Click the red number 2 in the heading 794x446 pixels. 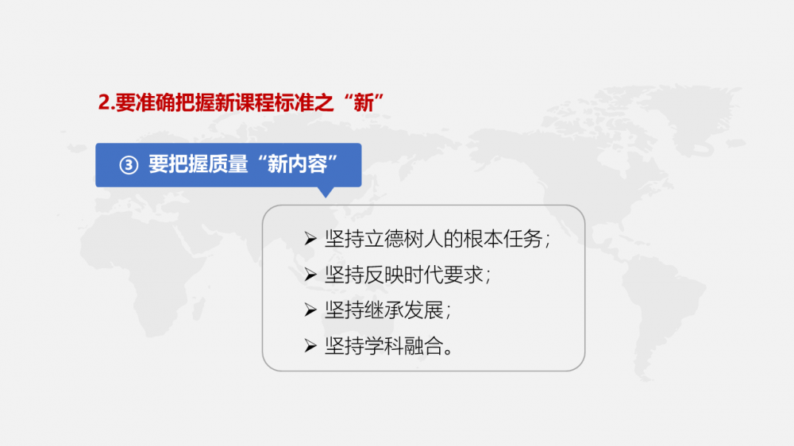[x=104, y=102]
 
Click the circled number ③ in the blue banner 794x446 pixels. [x=129, y=165]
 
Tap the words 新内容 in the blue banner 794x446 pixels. [x=297, y=164]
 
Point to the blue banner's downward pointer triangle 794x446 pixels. [x=326, y=192]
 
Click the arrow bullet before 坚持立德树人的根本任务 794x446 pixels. [x=310, y=238]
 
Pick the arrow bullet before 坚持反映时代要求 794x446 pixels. [x=310, y=275]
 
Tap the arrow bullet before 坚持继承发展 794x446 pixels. [x=310, y=310]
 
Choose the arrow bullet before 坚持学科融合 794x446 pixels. [x=310, y=346]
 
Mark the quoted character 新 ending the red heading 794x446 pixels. [x=364, y=102]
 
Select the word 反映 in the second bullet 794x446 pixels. [x=384, y=275]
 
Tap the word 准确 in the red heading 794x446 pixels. [x=155, y=102]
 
